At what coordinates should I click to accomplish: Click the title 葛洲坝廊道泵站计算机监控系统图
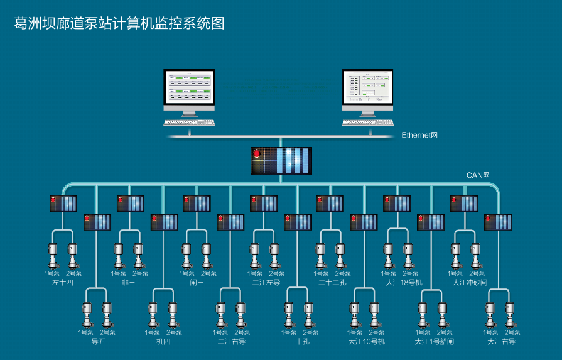point(119,23)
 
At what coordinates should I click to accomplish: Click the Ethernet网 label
point(419,135)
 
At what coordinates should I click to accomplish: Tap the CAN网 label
point(477,175)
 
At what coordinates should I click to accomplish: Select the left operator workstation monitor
point(189,88)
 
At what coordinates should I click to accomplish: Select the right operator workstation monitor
point(367,88)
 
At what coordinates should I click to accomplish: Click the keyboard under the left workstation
point(189,122)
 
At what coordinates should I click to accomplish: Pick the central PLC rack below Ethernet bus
point(281,161)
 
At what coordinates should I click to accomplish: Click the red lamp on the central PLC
point(256,153)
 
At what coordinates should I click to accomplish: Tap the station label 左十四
point(63,283)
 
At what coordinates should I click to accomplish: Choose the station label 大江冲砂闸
point(470,283)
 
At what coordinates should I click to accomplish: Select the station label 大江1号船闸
point(434,342)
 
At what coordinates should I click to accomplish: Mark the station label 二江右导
point(231,342)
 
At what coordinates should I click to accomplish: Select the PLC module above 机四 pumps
point(164,222)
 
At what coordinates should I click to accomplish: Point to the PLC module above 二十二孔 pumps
point(330,203)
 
